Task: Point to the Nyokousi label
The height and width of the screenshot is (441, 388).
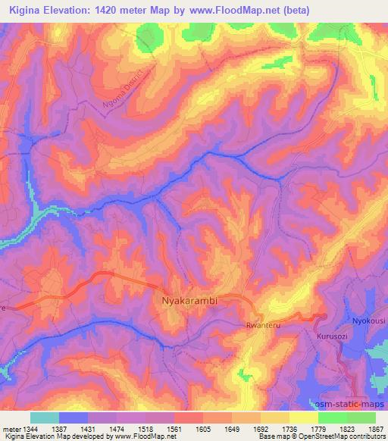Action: [368, 321]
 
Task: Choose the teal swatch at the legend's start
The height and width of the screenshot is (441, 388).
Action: [44, 418]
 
